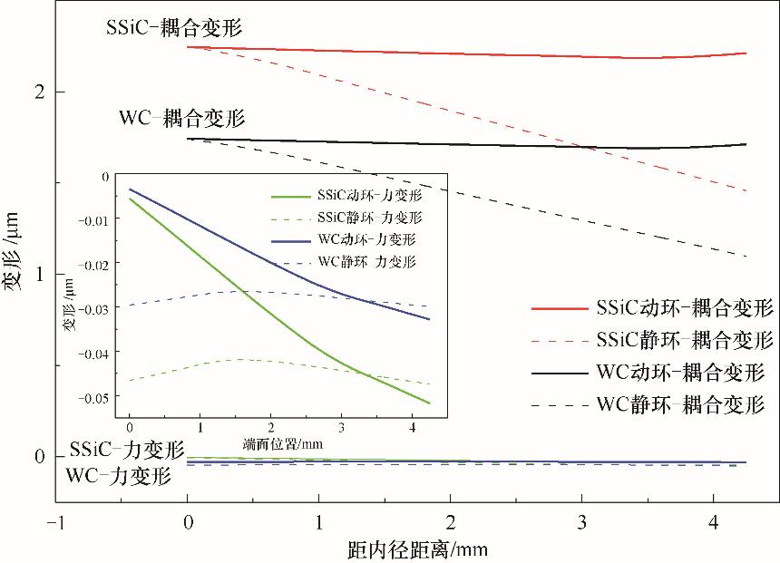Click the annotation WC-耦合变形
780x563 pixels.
pyautogui.click(x=182, y=118)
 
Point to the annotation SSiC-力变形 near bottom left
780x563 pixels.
pyautogui.click(x=126, y=450)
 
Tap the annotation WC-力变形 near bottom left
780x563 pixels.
pyautogui.click(x=118, y=474)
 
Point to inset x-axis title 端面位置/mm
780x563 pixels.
pyautogui.click(x=283, y=444)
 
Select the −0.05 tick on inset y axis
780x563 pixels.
pyautogui.click(x=98, y=397)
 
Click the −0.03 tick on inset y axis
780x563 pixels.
pyautogui.click(x=98, y=309)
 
